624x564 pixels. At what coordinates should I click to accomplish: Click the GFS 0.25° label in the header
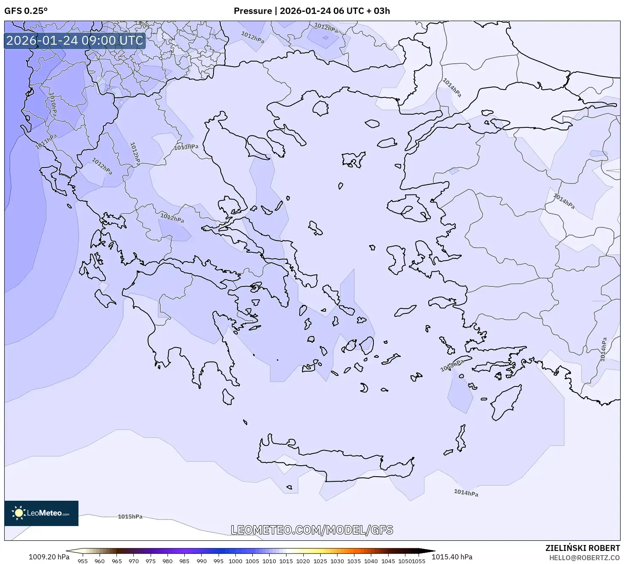(x=26, y=11)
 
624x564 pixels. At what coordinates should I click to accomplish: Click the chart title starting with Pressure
(x=312, y=11)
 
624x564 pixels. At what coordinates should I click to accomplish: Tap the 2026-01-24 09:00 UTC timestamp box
(x=75, y=40)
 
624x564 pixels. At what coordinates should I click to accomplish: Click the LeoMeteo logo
(x=41, y=513)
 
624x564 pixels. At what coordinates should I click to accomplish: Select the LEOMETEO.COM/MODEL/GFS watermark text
(x=312, y=530)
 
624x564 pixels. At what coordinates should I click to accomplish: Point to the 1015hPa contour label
(x=130, y=517)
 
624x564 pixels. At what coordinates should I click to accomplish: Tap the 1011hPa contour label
(x=46, y=141)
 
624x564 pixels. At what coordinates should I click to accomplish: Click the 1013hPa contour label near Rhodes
(x=452, y=365)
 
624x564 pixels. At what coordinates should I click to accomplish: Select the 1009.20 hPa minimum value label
(x=49, y=557)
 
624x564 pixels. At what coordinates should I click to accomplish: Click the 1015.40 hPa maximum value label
(x=452, y=557)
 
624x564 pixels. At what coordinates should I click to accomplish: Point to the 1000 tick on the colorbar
(x=235, y=561)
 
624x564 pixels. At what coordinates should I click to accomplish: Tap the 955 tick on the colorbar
(x=83, y=561)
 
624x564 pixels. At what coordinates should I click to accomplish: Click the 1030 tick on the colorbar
(x=337, y=561)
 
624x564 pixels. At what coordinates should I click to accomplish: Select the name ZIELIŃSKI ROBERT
(x=583, y=548)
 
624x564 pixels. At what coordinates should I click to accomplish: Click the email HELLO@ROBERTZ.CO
(x=584, y=558)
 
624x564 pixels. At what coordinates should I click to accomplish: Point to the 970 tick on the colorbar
(x=134, y=561)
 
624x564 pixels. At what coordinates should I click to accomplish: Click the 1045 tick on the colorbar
(x=388, y=561)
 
